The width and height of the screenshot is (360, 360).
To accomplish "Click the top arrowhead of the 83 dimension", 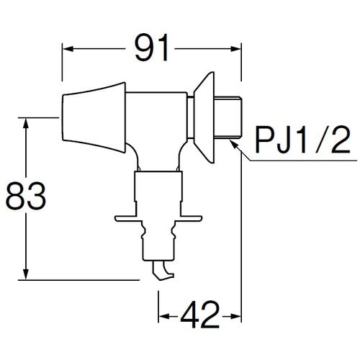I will tap(28, 121).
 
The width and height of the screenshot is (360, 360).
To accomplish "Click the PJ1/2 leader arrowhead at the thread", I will tap(233, 143).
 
